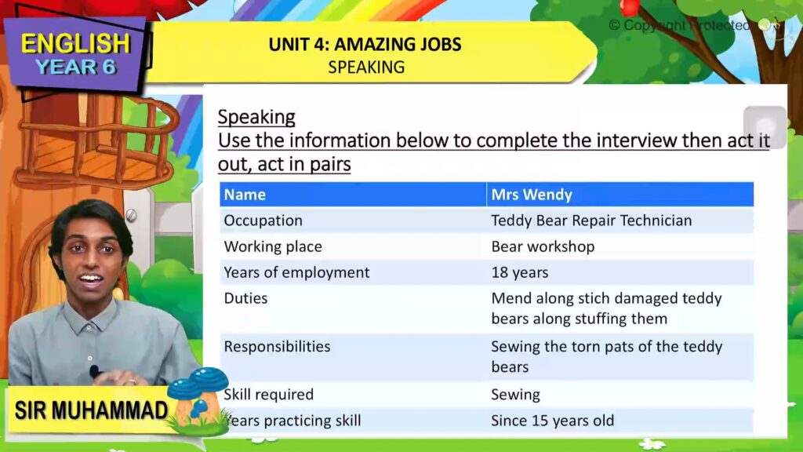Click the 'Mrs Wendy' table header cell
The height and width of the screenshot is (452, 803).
coord(532,195)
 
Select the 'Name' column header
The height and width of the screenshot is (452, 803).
coord(245,195)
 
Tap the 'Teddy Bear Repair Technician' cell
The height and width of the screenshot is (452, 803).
coord(591,221)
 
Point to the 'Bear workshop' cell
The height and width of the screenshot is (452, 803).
coord(543,246)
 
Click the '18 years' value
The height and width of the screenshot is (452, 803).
coord(519,272)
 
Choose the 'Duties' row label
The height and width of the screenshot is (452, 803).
coord(245,298)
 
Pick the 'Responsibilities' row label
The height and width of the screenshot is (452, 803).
coord(277,346)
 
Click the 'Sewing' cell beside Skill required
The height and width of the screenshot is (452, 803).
coord(515,394)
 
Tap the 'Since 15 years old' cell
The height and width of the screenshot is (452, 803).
coord(552,421)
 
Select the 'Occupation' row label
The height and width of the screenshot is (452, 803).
coord(263,221)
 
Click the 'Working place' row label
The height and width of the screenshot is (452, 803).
coord(273,246)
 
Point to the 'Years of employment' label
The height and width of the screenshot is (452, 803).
coord(296,272)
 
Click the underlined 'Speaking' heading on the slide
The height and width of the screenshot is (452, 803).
coord(256,117)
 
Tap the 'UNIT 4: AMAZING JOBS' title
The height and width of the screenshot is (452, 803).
coord(365,44)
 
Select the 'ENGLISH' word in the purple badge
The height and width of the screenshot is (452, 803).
coord(75,42)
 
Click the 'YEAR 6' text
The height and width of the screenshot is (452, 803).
coord(75,67)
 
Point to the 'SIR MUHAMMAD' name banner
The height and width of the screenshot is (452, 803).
coord(91,410)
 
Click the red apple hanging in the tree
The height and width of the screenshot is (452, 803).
coord(629,7)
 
